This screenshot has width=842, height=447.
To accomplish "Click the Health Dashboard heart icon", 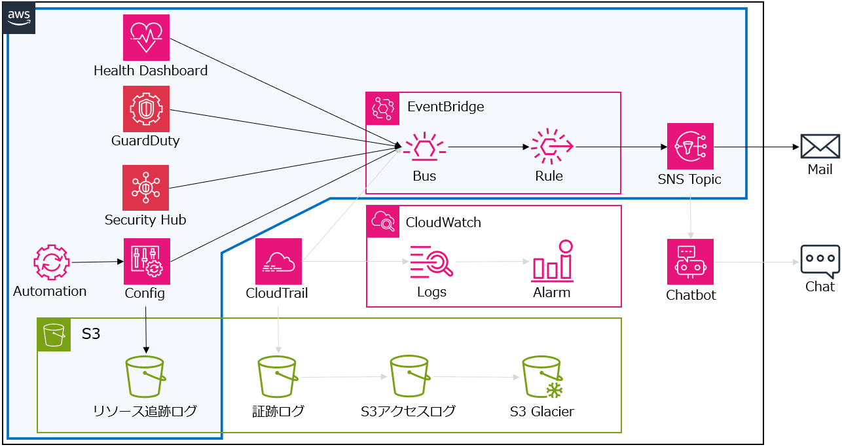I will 146,38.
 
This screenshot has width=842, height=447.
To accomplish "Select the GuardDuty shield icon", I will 146,109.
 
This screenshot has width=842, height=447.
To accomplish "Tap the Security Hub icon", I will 145,188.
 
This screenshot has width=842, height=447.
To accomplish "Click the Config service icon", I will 147,261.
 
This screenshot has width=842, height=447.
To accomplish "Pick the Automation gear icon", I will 51,263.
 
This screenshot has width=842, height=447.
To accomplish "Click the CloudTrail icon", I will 278,261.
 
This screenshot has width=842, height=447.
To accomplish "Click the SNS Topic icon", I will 690,147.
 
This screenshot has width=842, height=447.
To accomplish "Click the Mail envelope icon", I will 820,146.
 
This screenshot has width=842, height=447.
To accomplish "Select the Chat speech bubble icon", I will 820,261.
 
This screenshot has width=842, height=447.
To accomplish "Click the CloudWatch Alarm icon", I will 552,261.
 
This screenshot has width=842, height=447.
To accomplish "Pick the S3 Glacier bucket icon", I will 543,378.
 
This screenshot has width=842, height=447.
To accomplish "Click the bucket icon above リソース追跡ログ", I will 145,377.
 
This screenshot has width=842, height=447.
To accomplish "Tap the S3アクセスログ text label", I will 408,412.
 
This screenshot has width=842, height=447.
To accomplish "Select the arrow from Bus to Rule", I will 488,147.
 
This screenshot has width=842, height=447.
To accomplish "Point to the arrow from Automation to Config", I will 98,262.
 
